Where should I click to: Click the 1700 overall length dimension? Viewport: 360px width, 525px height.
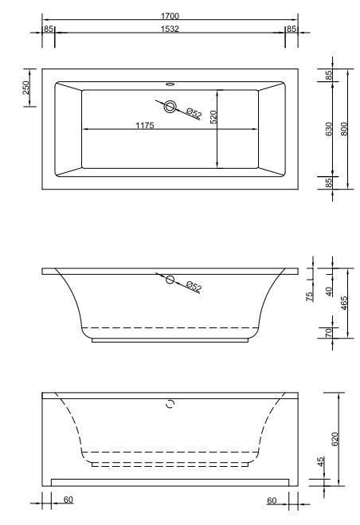[169, 15]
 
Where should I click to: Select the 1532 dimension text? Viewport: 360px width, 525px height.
[169, 29]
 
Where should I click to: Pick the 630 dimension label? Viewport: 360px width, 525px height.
[329, 129]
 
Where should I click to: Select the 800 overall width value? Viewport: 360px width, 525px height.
[345, 129]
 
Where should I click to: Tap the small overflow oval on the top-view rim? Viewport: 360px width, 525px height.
[170, 83]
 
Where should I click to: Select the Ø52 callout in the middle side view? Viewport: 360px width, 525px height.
[193, 287]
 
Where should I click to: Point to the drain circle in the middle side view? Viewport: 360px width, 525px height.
[169, 279]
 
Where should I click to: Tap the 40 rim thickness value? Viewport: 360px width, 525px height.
[329, 292]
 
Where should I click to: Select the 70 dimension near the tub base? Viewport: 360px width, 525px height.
[329, 333]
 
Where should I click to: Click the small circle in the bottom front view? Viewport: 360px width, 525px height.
[169, 404]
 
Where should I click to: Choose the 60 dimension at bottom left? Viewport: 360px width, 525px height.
[68, 499]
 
